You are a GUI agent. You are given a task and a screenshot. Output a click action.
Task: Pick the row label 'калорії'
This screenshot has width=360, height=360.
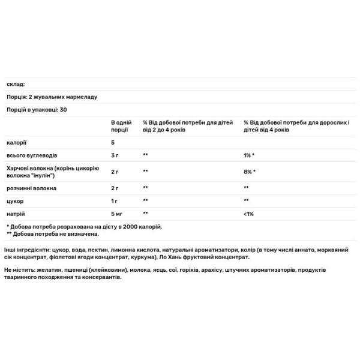coord(16,143)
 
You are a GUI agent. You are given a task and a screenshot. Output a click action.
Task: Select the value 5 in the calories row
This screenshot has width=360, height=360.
coord(113,143)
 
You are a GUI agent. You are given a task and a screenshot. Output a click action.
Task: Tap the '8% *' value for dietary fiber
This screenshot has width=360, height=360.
coord(250,172)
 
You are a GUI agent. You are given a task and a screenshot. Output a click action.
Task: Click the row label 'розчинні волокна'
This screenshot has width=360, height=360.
coord(31,188)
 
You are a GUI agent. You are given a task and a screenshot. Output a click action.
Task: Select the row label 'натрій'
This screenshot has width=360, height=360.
coord(15,213)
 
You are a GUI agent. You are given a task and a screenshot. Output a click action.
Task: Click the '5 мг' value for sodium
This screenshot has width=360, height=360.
coord(118,213)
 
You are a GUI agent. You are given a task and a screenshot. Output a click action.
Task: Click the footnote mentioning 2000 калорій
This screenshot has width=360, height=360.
coord(84,226)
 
